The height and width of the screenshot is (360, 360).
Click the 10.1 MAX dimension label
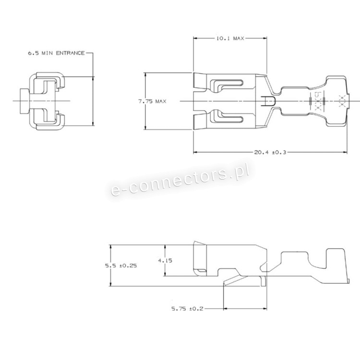click(x=230, y=38)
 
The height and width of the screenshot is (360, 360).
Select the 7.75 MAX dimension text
click(x=152, y=101)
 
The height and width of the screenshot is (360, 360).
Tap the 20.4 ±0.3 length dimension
click(x=270, y=152)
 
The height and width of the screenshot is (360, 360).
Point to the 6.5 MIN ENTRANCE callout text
click(x=56, y=53)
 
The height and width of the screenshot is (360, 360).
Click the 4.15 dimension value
click(x=165, y=261)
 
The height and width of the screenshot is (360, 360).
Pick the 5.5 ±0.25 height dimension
click(x=121, y=265)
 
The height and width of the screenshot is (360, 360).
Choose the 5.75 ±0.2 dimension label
click(x=188, y=309)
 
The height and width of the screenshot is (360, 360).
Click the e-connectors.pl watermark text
click(x=180, y=181)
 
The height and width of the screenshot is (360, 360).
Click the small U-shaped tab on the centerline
click(x=269, y=101)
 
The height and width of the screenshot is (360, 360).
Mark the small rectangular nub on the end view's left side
click(x=25, y=101)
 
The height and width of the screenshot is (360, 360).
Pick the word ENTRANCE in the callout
click(x=71, y=53)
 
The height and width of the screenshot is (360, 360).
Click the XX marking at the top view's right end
click(x=342, y=101)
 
